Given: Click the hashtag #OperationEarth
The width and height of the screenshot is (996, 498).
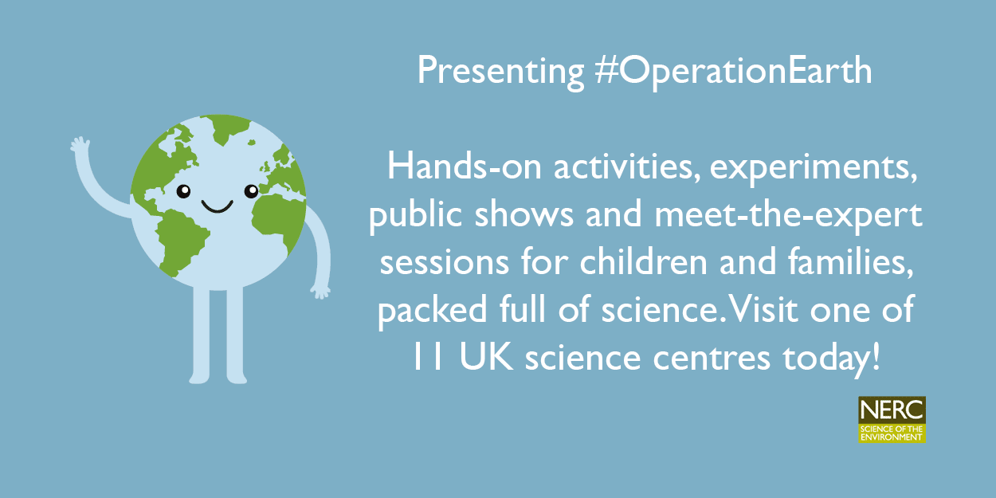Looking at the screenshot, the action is tap(734, 71).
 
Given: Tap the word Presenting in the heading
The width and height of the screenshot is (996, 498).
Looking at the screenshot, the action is tap(500, 72).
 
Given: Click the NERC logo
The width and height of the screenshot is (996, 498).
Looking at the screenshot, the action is tap(892, 419).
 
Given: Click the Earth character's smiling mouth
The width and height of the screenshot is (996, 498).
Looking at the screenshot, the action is tap(217, 206).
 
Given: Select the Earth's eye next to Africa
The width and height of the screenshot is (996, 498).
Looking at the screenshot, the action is tap(251, 191).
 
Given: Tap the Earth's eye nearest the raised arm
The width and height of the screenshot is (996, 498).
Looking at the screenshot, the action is tap(183, 191).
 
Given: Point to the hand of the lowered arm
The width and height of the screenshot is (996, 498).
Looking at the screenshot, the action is tap(320, 292).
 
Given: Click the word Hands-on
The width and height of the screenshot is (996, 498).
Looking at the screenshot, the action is tap(465, 167).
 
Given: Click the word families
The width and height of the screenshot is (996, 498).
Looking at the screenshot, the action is tap(851, 262).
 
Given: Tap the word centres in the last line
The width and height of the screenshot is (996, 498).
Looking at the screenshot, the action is tap(712, 358).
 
